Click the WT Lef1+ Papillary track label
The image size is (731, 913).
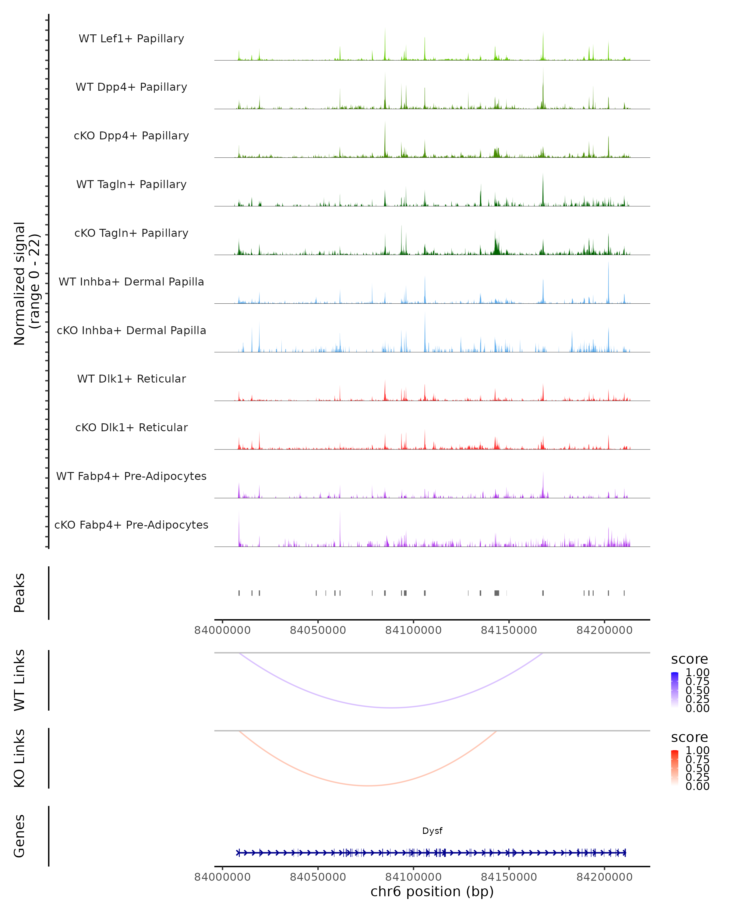[131, 39]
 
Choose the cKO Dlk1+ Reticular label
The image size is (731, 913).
[131, 427]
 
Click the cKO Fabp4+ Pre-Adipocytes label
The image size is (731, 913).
[131, 525]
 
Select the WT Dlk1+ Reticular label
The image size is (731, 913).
[131, 379]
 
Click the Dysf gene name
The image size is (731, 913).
[432, 831]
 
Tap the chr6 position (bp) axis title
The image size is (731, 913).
[432, 892]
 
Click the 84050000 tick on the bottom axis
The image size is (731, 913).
[318, 877]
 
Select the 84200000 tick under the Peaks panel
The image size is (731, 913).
[604, 630]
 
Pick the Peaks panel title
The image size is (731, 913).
[19, 593]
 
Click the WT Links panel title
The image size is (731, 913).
[19, 680]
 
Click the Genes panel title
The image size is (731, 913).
[19, 836]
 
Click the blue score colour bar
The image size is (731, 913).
[675, 690]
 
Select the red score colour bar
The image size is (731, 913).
[675, 768]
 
